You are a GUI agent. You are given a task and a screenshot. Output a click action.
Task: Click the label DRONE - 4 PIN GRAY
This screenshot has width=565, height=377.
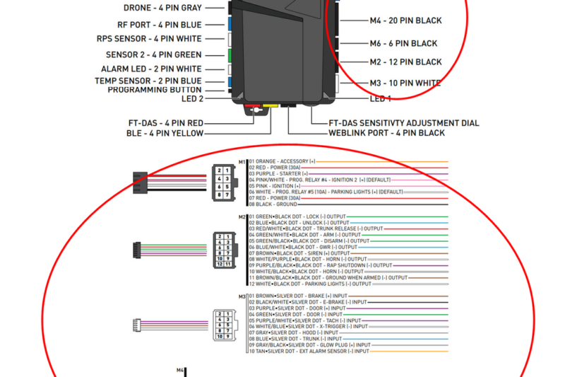pyautogui.click(x=162, y=8)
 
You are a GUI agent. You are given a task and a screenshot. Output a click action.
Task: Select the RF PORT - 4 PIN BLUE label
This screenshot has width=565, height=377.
pyautogui.click(x=159, y=25)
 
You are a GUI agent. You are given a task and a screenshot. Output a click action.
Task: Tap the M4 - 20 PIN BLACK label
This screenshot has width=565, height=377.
pyautogui.click(x=405, y=21)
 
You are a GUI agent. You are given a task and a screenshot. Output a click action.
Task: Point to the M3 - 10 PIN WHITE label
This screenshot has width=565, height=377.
pyautogui.click(x=405, y=83)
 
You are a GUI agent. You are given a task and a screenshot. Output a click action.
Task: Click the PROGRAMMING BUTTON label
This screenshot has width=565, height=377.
pyautogui.click(x=155, y=90)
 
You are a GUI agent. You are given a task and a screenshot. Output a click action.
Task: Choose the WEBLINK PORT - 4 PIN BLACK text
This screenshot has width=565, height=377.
pyautogui.click(x=386, y=133)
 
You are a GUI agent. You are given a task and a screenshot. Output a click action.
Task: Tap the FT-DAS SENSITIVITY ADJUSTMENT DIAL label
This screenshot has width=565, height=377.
pyautogui.click(x=404, y=123)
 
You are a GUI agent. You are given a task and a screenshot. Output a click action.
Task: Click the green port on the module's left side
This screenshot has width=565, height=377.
pyautogui.click(x=230, y=54)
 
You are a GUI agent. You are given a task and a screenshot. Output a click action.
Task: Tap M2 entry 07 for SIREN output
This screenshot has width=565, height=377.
pyautogui.click(x=299, y=253)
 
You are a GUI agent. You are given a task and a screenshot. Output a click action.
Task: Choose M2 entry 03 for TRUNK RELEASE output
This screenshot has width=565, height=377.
pyautogui.click(x=315, y=228)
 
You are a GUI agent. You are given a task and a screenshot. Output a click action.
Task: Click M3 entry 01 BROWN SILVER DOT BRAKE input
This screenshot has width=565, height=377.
pyautogui.click(x=297, y=296)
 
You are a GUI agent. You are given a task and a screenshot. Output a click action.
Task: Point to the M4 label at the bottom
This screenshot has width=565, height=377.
pyautogui.click(x=180, y=370)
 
